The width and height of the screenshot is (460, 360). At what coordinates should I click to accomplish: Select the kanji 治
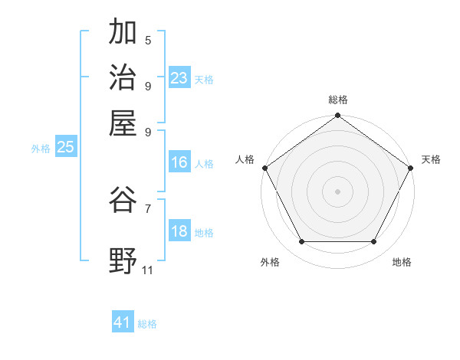coord(123,77)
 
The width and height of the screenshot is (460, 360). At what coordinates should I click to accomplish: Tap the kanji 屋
coord(123,122)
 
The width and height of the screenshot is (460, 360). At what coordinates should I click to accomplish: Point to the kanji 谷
coord(123,200)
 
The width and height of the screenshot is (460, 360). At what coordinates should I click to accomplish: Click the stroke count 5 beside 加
coord(148,40)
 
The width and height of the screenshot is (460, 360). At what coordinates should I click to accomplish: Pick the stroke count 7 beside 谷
coord(148,208)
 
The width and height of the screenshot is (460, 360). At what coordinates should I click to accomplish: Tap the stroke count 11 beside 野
coord(148,270)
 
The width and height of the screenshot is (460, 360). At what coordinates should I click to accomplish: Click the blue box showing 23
coord(179,78)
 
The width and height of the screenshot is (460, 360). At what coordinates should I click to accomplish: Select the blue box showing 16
coord(179,162)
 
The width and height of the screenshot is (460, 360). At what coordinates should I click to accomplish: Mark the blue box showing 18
coord(179,232)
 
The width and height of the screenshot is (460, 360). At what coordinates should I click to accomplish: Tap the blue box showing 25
coord(65,148)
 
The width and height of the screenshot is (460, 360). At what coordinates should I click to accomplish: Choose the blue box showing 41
coord(123,322)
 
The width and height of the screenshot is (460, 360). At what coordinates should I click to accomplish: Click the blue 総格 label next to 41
coord(147,324)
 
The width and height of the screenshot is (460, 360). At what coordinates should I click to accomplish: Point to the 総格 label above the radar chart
coord(337,100)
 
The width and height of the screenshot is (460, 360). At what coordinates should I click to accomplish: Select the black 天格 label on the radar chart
coord(431,159)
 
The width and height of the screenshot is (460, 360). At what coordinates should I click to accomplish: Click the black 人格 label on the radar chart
coord(245,159)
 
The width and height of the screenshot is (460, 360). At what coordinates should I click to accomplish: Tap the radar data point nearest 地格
coord(374,242)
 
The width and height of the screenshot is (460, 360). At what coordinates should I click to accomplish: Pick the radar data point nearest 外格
coord(301,242)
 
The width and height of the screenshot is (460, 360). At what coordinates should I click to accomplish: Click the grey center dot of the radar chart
coord(337,191)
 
